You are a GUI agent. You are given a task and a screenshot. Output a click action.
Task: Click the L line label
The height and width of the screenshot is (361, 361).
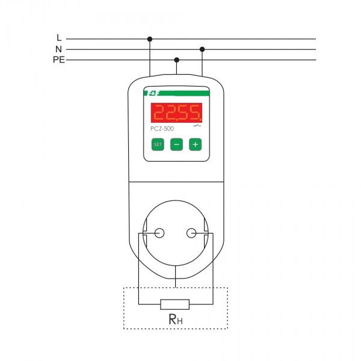point(59,37)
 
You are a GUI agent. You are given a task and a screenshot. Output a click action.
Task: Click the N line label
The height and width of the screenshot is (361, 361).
point(59,49)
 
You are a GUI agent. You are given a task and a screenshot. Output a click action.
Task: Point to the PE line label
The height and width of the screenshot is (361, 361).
point(59,60)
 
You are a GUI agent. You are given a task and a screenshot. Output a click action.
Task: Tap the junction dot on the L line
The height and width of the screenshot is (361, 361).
point(150,39)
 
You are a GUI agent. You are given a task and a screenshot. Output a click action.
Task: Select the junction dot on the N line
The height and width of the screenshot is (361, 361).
point(202,49)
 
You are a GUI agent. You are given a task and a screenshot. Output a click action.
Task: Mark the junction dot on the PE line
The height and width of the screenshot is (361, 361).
point(176,60)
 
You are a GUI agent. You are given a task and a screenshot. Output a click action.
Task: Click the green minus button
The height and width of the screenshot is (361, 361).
point(176,144)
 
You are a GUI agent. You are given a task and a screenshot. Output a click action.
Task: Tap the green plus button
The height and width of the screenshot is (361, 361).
point(195,144)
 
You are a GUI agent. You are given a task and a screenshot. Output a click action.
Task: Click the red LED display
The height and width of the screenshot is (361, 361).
point(176,113)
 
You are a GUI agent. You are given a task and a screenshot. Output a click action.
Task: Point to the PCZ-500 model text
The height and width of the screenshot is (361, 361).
point(162,129)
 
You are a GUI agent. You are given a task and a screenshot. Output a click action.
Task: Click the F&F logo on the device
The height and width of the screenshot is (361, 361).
point(152,93)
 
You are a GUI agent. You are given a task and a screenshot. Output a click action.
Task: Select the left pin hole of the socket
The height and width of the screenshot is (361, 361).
point(159,233)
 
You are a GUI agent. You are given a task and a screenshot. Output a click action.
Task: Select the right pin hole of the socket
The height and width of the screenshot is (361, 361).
point(191,233)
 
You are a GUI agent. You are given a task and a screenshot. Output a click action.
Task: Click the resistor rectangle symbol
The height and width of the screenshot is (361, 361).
point(175,304)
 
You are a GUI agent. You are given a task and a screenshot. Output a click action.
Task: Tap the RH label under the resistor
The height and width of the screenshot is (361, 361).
point(176,319)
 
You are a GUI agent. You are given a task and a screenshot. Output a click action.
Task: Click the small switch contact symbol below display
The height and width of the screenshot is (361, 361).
point(197,126)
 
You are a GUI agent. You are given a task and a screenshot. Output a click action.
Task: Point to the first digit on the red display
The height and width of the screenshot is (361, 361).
point(159,113)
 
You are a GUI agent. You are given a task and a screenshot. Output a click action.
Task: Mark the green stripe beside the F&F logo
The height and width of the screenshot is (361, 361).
point(185,93)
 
